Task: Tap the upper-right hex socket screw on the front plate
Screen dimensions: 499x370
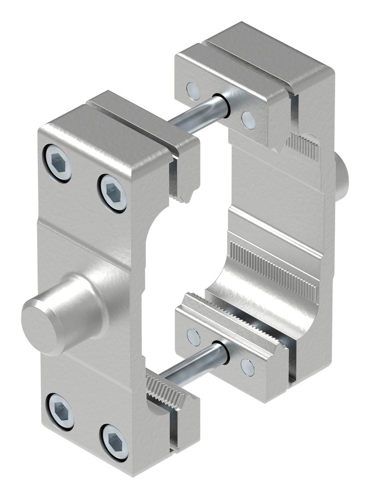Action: [113, 193]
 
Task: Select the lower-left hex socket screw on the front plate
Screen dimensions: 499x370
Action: [61, 411]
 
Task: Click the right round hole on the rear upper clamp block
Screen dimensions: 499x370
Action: [248, 119]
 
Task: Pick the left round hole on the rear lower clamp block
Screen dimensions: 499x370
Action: [193, 337]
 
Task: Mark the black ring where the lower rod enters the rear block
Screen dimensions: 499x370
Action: [221, 352]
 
